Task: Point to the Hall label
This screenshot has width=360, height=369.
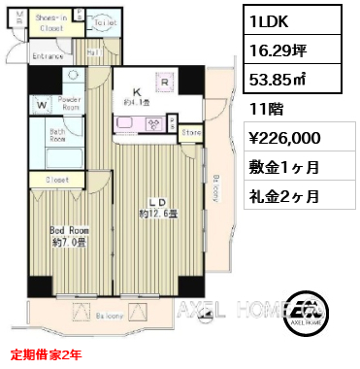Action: pyautogui.click(x=93, y=52)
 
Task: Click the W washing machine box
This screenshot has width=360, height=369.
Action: pyautogui.click(x=42, y=103)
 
